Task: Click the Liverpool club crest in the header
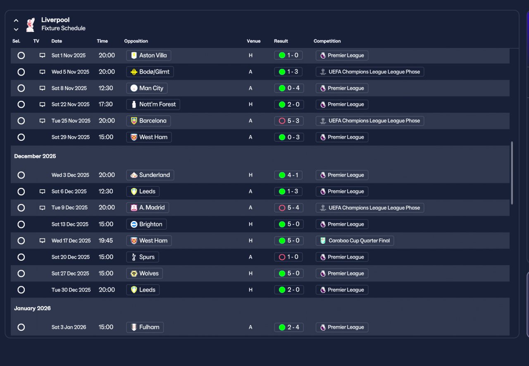30,24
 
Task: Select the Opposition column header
136,41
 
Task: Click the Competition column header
327,41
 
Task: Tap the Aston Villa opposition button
148,55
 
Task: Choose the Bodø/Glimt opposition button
150,72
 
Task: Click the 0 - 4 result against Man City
288,88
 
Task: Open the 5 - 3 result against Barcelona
288,121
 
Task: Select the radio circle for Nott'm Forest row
21,105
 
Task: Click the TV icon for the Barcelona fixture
42,121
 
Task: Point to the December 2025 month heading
35,156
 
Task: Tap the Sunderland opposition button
150,175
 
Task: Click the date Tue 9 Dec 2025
69,208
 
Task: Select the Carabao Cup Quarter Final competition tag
355,241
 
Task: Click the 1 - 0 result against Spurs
288,257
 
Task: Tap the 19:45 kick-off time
106,241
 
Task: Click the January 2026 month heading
32,309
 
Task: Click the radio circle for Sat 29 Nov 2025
21,137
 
